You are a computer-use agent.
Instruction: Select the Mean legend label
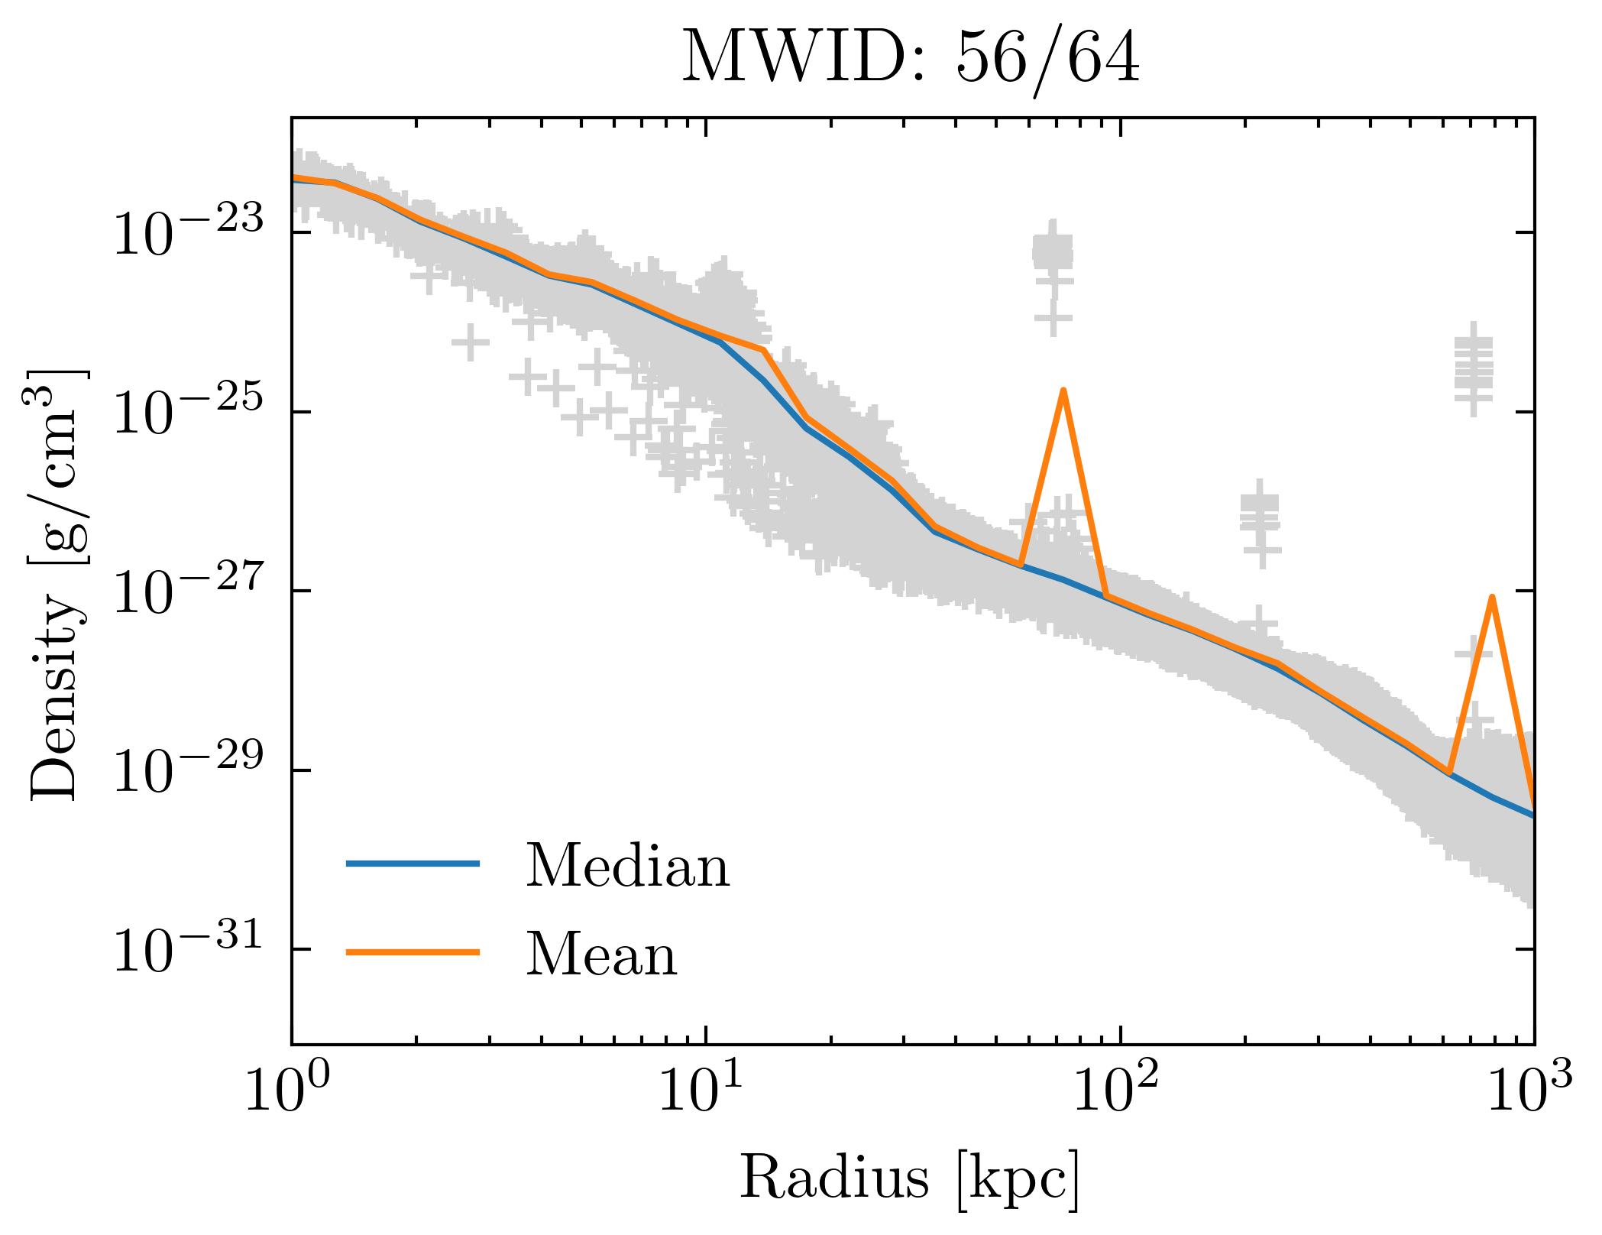click(x=601, y=955)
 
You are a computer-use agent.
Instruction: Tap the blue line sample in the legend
click(x=413, y=864)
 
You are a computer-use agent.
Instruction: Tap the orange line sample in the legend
click(x=413, y=952)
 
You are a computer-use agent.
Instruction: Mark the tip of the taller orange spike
click(x=1063, y=391)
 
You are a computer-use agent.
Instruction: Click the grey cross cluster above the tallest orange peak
click(x=1053, y=252)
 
